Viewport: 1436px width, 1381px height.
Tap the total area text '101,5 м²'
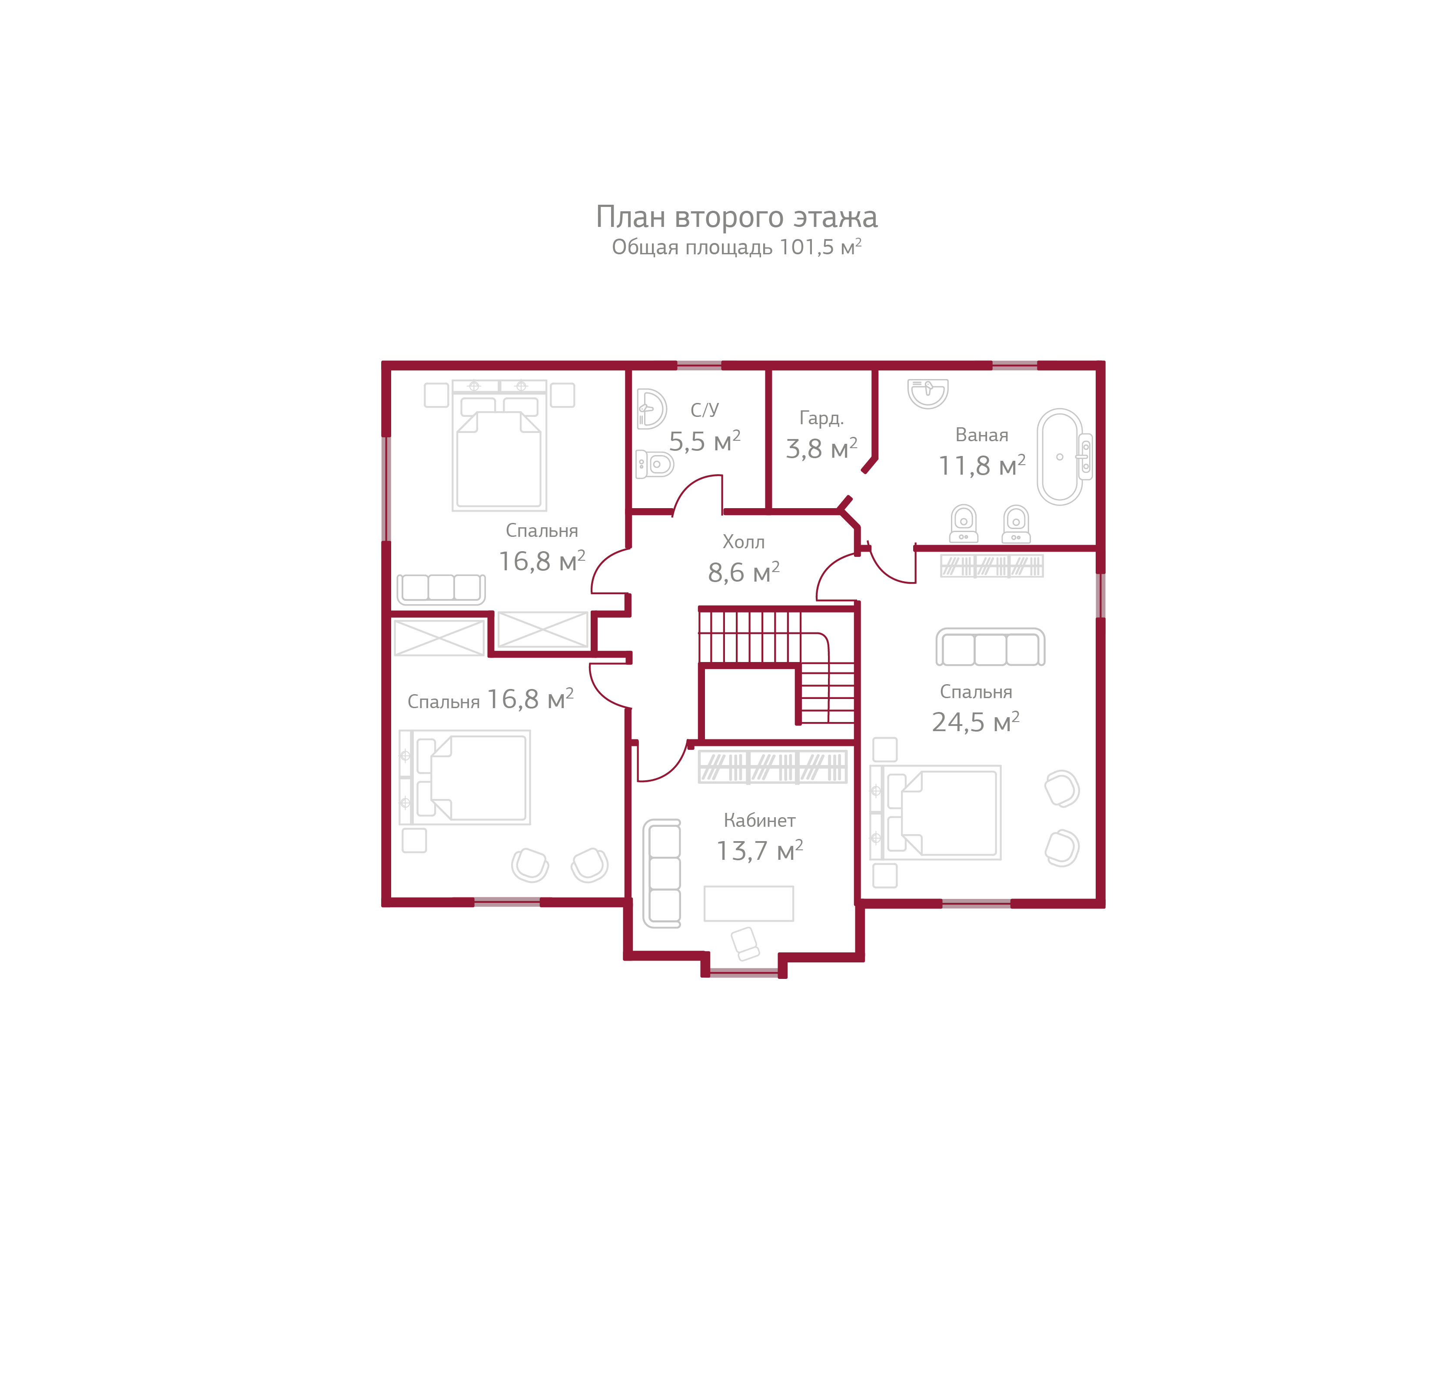(819, 248)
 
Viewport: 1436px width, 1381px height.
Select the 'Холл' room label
(743, 542)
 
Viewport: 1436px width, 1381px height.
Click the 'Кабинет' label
(759, 821)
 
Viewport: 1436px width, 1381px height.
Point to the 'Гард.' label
(821, 418)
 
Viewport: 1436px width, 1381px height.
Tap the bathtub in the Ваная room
(1060, 456)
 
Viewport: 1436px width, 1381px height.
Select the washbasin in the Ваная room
(927, 392)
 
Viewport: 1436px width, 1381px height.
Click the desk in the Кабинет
(748, 903)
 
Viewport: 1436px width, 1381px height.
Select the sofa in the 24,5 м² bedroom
(990, 648)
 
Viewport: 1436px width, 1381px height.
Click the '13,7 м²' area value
(759, 851)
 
